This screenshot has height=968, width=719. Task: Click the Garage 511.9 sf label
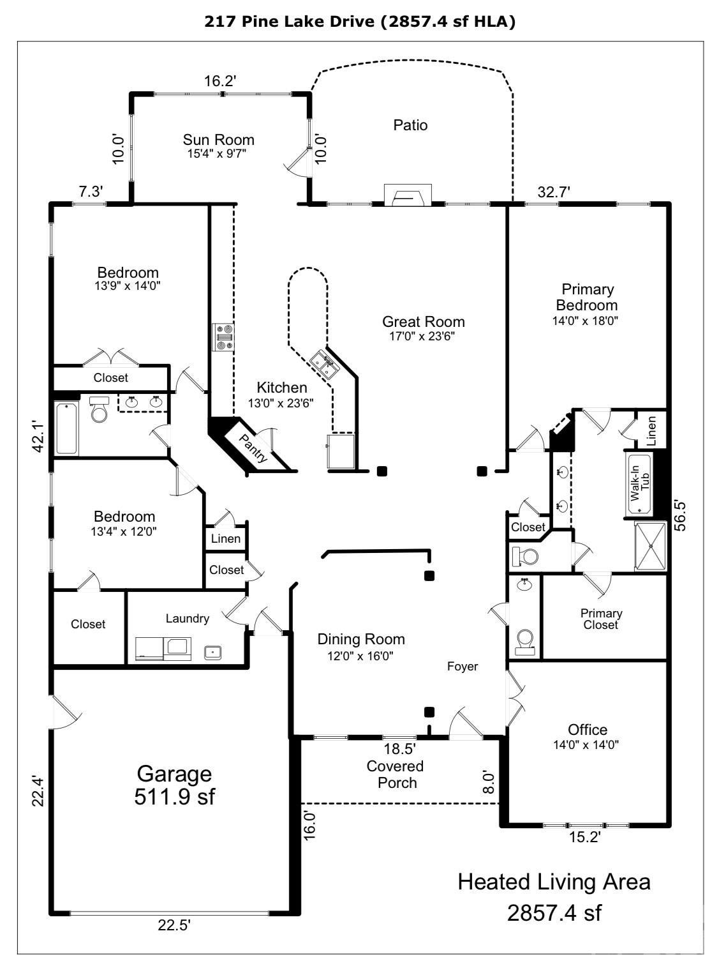coord(174,785)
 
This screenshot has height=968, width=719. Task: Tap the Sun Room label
coord(218,140)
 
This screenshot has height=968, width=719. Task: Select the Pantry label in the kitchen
coord(253,448)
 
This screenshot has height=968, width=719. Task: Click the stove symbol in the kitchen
coord(224,337)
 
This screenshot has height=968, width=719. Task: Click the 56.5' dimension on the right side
coord(681,515)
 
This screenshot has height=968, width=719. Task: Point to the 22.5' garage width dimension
coord(174,925)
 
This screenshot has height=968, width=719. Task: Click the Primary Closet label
coord(601,619)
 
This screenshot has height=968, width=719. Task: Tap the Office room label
coord(587,729)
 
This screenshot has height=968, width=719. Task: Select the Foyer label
coord(462,667)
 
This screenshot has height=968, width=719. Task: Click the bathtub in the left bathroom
coord(66,428)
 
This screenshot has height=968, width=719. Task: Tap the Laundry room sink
coord(212,652)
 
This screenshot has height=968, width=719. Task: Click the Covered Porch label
coord(396,774)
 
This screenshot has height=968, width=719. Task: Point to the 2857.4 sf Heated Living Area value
coord(554,912)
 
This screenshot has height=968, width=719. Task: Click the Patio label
coord(410,125)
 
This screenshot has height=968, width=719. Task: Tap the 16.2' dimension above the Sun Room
coord(220,81)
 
